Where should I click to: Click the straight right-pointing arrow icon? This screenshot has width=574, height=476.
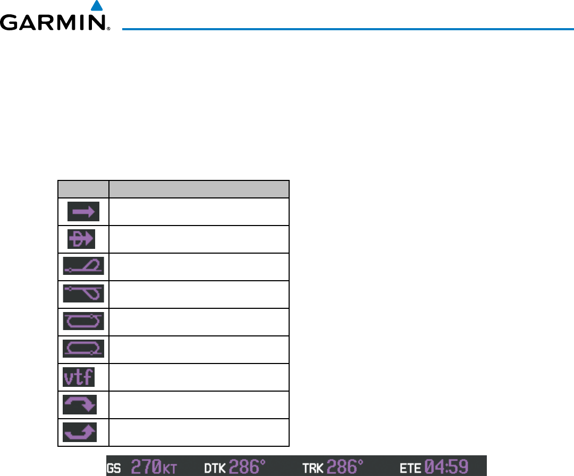coord(83,212)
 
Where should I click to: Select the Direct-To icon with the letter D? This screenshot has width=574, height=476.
coord(81,240)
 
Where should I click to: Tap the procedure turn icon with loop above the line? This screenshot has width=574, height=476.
coord(83,267)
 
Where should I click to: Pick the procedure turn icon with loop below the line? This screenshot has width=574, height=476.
coord(83,295)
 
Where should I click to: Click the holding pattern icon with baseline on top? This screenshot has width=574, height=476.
coord(83,322)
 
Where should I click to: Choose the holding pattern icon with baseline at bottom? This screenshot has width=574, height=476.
coord(83,350)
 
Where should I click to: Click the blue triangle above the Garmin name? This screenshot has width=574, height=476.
coord(96,6)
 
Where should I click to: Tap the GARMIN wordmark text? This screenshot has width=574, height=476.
coord(53,23)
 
